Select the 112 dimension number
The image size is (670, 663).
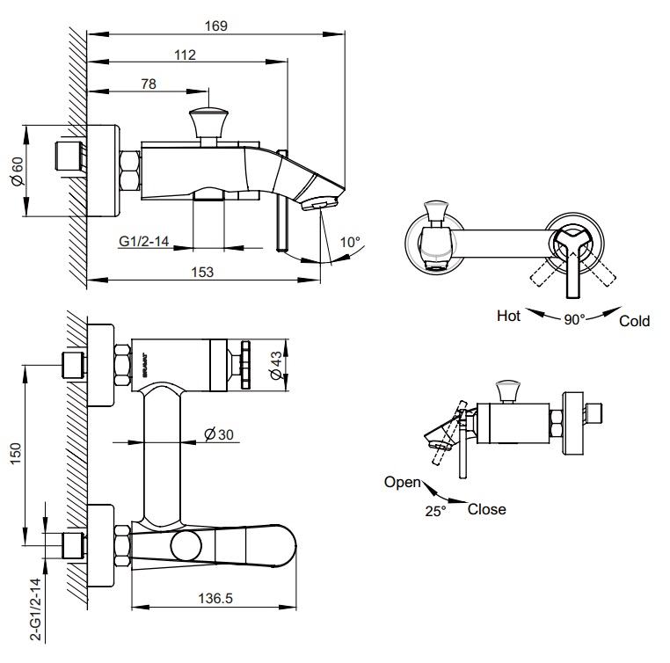[x=184, y=55]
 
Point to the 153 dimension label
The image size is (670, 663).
[x=203, y=272]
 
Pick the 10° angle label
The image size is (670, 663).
[x=351, y=242]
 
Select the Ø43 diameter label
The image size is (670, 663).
[x=276, y=364]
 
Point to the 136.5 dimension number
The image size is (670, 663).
[x=215, y=598]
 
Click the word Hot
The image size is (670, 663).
[x=508, y=315]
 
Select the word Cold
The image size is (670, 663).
[x=634, y=321]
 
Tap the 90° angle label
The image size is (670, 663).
[x=574, y=320]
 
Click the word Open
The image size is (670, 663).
[x=402, y=481]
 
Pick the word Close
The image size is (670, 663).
[x=486, y=509]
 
